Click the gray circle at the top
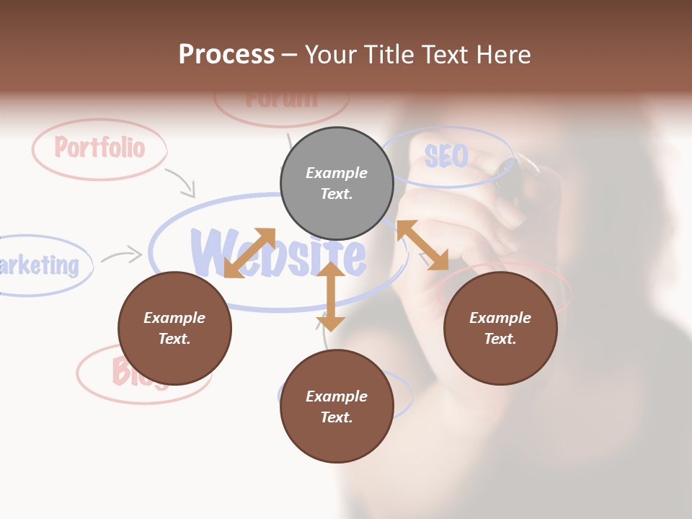pos(337,184)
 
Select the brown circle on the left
pos(174,328)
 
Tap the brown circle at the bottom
pos(337,407)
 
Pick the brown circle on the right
pos(500,328)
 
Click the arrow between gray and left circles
pos(249,253)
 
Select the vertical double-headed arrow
pos(331,297)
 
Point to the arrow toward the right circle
pos(422,245)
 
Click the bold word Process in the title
pos(226,54)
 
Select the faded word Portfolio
pos(99,148)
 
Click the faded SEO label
pos(446,156)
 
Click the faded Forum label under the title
pos(281,99)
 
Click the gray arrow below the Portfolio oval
pos(181,182)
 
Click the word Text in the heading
pos(443,54)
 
